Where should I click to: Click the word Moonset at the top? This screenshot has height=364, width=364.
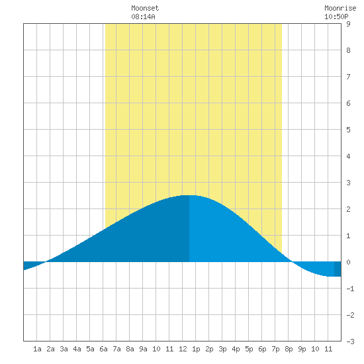pos(145,8)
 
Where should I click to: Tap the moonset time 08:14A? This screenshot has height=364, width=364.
pos(143,17)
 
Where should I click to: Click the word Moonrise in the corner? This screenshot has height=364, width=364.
pos(340,8)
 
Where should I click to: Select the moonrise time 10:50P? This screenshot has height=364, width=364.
pos(336,17)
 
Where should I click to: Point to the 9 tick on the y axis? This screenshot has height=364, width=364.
pos(348,24)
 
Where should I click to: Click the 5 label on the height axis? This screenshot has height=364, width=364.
pos(348,130)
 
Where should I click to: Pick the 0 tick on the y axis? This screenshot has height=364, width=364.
pos(348,262)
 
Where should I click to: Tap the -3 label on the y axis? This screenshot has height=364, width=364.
pos(350,341)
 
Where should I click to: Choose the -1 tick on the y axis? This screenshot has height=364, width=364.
pos(350,289)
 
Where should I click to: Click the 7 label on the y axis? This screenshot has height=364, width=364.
pos(348,77)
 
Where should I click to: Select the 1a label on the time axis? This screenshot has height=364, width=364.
pos(37,349)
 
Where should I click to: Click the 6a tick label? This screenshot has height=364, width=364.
pos(103,349)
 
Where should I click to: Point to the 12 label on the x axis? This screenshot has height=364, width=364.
pos(183,349)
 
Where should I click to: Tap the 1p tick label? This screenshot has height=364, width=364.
pos(196,349)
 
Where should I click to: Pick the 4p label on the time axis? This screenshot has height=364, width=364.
pos(236,349)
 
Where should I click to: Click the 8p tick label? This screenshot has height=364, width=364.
pos(289,349)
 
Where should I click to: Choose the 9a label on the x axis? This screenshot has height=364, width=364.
pos(143,349)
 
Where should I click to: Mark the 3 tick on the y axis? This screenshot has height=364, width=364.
pos(348,183)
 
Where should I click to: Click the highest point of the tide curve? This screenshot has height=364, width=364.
pos(189,195)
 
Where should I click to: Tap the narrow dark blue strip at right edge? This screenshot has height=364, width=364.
pos(338,269)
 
